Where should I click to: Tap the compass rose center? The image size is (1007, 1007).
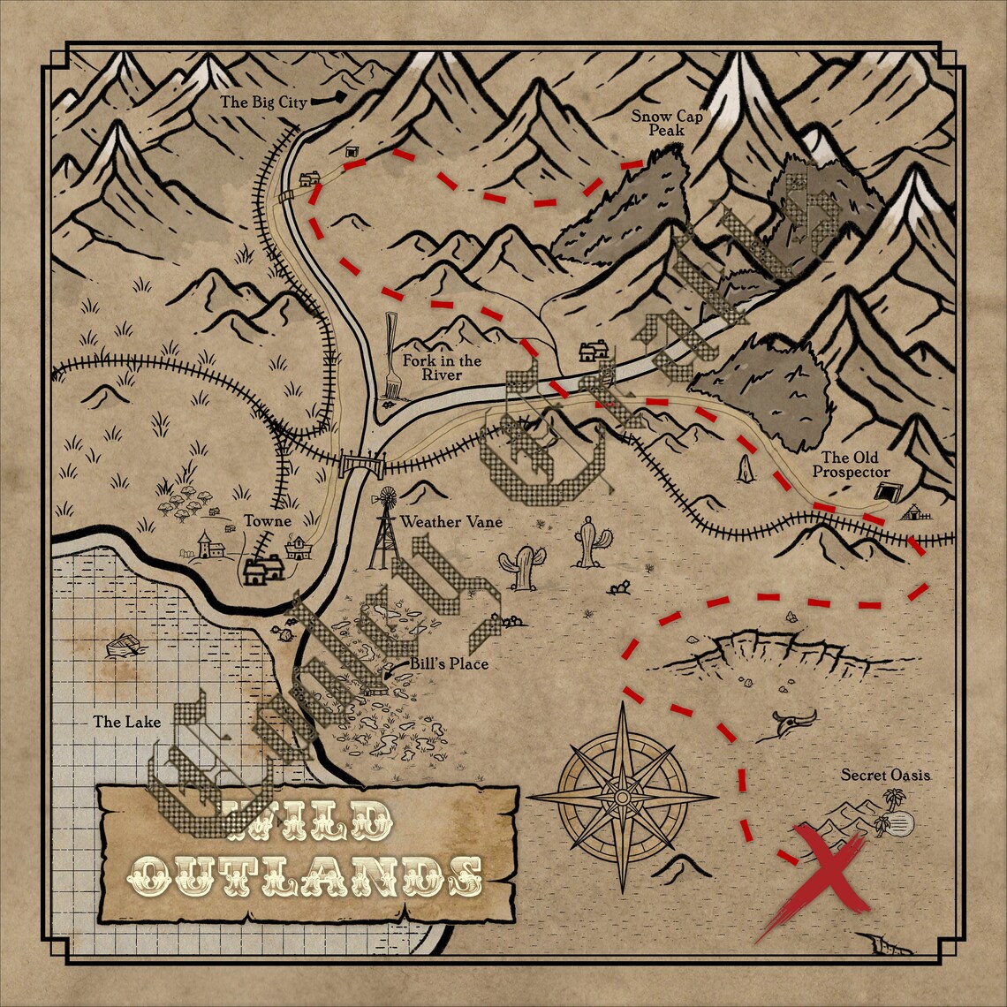click(x=622, y=797)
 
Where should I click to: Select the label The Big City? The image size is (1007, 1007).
click(x=263, y=102)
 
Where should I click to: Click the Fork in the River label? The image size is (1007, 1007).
click(x=442, y=367)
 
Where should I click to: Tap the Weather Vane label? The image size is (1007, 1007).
click(x=451, y=522)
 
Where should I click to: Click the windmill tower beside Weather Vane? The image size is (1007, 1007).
click(x=384, y=530)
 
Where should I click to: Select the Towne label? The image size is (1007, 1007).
click(x=269, y=521)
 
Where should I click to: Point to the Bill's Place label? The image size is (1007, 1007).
click(x=448, y=663)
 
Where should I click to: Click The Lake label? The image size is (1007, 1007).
click(x=127, y=722)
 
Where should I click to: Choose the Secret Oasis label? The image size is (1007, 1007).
click(x=885, y=775)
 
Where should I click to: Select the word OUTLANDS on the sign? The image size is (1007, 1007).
click(x=305, y=874)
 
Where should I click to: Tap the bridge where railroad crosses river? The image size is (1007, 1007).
click(x=359, y=462)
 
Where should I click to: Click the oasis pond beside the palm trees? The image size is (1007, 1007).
click(x=902, y=825)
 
